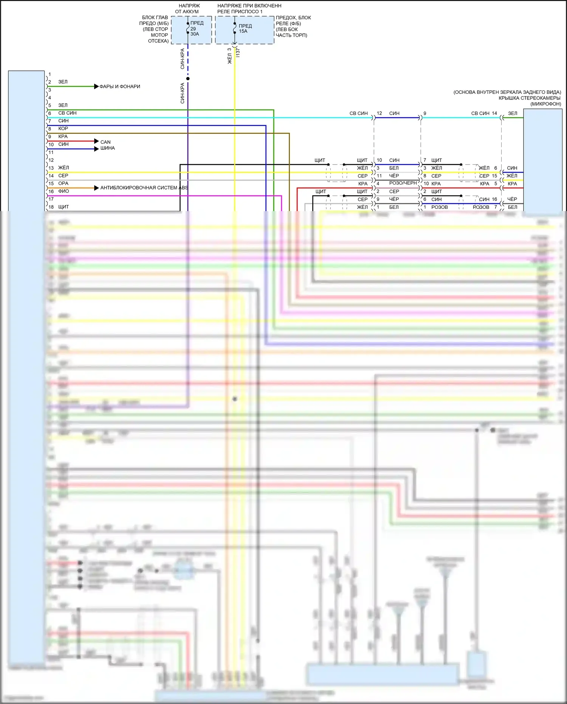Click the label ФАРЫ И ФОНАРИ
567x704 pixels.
(119, 87)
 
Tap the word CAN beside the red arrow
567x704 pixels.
(105, 142)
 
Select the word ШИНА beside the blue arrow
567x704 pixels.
(107, 148)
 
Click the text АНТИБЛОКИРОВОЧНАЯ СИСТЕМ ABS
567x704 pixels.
(144, 188)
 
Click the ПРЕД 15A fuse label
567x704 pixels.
(245, 28)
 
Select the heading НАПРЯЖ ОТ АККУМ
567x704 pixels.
(187, 9)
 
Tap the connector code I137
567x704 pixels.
(238, 53)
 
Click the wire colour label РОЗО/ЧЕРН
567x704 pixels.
(403, 183)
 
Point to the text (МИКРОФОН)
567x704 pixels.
(545, 104)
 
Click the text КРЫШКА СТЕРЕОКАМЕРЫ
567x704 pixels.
(529, 98)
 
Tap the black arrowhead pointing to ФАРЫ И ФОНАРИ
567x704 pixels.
(96, 87)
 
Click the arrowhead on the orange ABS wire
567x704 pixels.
(96, 188)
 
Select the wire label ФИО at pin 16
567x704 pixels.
(64, 191)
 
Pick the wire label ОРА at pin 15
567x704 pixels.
(63, 183)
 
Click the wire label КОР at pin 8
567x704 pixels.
(63, 129)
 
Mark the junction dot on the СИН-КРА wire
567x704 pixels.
(188, 79)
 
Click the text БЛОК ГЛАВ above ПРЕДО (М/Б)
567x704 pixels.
(155, 18)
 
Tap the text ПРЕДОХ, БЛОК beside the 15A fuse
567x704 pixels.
(293, 18)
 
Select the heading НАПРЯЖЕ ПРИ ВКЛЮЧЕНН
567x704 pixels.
(249, 6)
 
